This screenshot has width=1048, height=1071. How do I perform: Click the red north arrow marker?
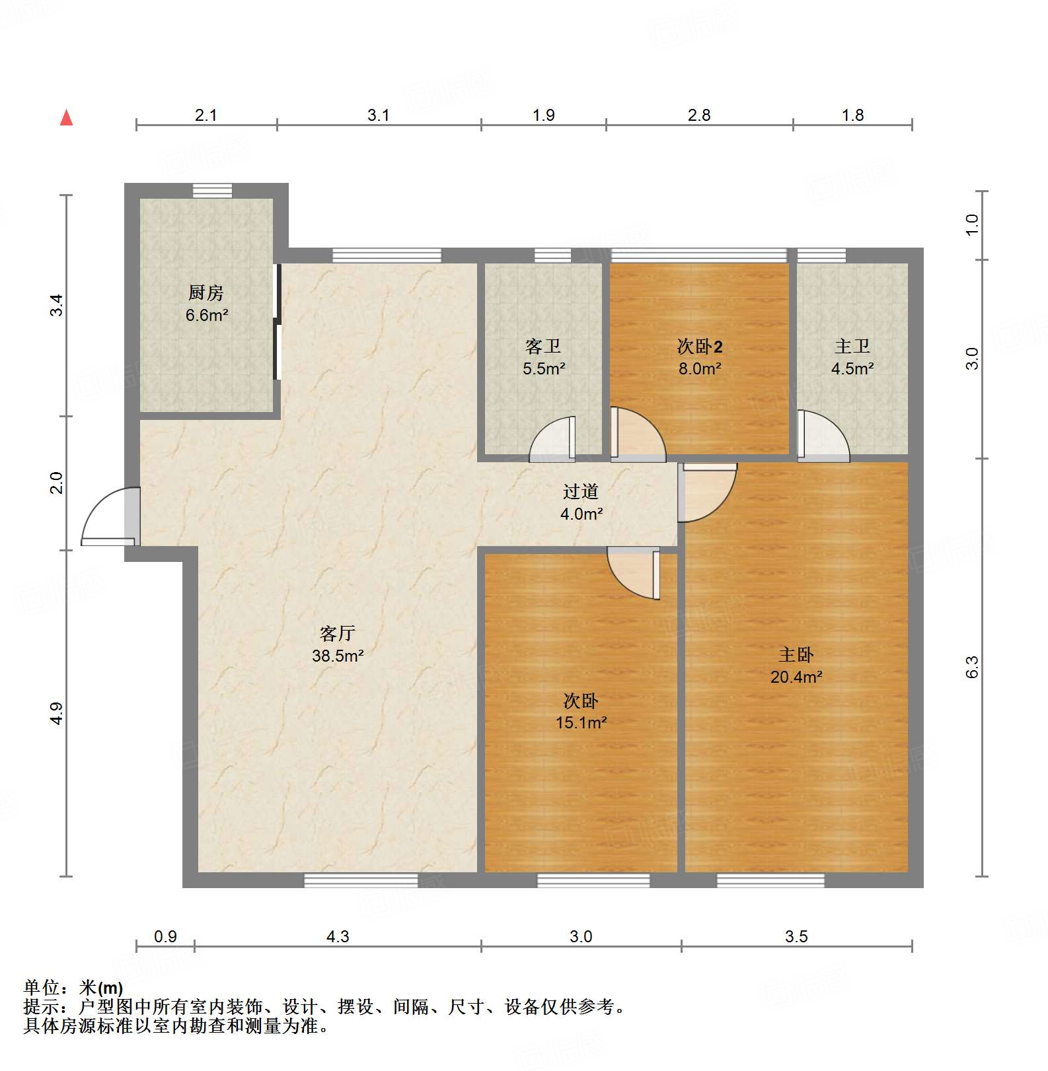(x=66, y=118)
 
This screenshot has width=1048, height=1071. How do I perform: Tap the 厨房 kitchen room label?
(x=206, y=293)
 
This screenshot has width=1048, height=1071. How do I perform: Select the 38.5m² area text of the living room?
(x=338, y=656)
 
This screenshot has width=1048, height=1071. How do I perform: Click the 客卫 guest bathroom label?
(x=543, y=347)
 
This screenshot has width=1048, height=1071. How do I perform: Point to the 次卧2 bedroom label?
(x=700, y=347)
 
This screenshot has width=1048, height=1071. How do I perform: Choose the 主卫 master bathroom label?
(x=852, y=347)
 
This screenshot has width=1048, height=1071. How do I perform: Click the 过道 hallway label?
(x=581, y=492)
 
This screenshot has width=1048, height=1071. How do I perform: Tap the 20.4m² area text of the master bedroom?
(x=796, y=677)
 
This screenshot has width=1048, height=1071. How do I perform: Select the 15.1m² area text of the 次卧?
(x=581, y=722)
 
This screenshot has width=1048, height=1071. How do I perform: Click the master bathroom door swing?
(x=823, y=436)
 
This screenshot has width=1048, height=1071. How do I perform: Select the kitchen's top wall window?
(x=212, y=191)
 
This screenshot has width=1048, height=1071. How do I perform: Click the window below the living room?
(x=361, y=880)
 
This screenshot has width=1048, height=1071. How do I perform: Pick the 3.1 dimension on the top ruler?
(x=379, y=116)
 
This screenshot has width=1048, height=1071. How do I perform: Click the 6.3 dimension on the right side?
(x=971, y=667)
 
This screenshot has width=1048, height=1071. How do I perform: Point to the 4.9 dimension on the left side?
(x=57, y=713)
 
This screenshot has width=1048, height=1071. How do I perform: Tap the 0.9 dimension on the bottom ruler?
(x=165, y=936)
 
